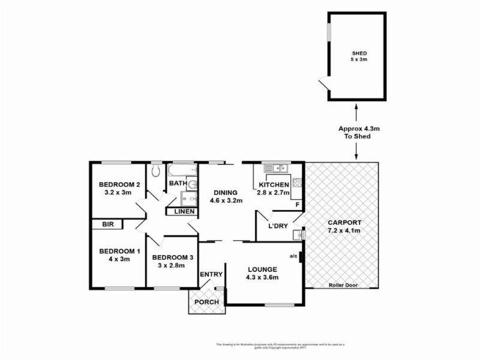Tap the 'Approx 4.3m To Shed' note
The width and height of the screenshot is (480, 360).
point(357,133)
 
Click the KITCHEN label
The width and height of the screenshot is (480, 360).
point(274,185)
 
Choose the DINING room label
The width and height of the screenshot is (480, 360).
point(226,193)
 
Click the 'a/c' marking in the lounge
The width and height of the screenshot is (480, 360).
point(293,256)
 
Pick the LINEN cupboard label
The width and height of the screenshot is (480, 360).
point(184,211)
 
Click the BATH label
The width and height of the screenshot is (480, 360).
point(177,183)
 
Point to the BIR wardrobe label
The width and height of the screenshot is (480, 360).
point(108,224)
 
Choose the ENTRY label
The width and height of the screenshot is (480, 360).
point(212,275)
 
